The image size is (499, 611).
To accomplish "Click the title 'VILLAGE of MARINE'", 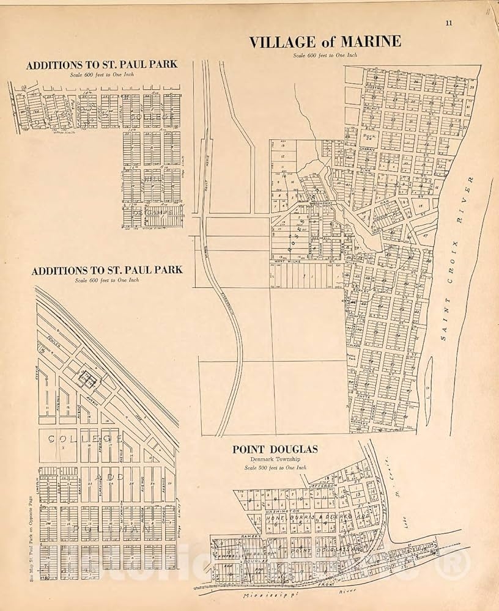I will [325, 42].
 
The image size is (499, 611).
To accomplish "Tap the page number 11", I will [449, 23].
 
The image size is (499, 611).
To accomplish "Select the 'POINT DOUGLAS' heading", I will [275, 450].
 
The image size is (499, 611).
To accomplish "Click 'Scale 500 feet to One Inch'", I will [275, 467].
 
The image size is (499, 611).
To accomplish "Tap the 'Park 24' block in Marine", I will [369, 137].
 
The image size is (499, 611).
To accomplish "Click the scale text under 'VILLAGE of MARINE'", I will [325, 55].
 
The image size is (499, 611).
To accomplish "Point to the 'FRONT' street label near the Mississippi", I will [320, 585].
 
